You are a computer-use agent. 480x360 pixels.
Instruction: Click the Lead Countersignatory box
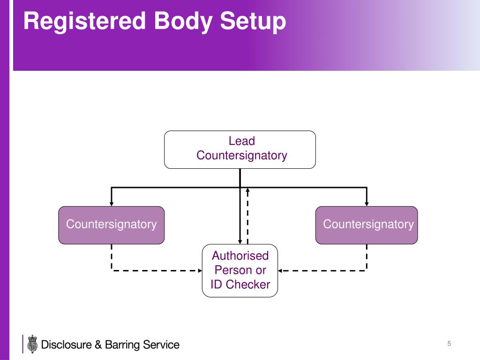pyautogui.click(x=240, y=150)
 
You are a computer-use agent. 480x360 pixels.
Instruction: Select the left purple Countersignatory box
pyautogui.click(x=111, y=225)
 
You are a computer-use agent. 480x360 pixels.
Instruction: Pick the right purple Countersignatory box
pyautogui.click(x=367, y=225)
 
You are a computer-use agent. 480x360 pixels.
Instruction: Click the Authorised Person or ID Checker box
pyautogui.click(x=240, y=270)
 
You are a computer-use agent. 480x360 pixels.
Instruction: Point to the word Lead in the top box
pyautogui.click(x=241, y=141)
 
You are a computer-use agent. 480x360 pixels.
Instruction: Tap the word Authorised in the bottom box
pyautogui.click(x=240, y=256)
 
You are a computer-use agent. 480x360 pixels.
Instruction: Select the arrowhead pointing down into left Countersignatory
pyautogui.click(x=111, y=203)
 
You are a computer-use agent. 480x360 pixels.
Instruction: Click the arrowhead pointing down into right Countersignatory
pyautogui.click(x=367, y=203)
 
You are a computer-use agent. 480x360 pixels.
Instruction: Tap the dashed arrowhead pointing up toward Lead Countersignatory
pyautogui.click(x=247, y=190)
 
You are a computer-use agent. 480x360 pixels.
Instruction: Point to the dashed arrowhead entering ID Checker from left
pyautogui.click(x=199, y=270)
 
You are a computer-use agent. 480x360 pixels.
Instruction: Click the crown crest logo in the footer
pyautogui.click(x=32, y=344)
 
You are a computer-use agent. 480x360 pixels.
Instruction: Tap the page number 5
pyautogui.click(x=449, y=344)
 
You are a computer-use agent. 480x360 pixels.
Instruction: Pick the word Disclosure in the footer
pyautogui.click(x=67, y=345)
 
